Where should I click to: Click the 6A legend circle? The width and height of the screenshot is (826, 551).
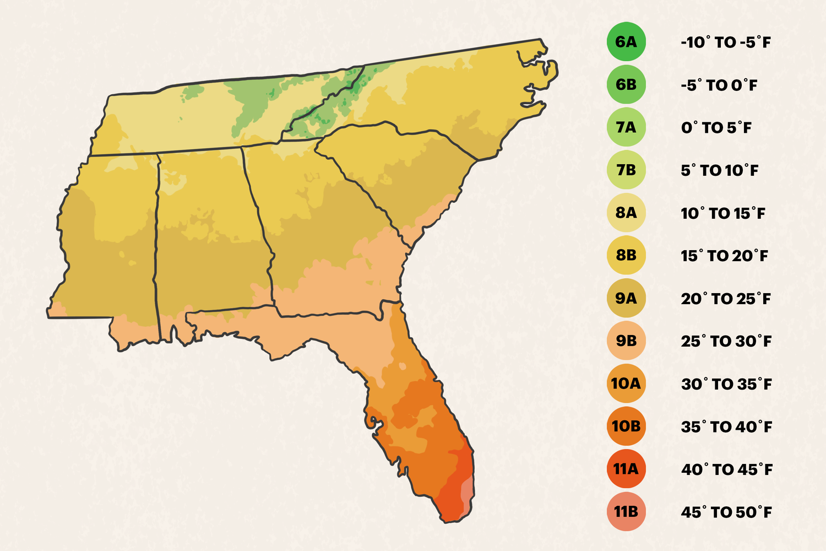pyautogui.click(x=626, y=42)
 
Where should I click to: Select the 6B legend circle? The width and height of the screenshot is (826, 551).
pyautogui.click(x=626, y=85)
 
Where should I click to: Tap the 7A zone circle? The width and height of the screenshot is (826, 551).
pyautogui.click(x=626, y=127)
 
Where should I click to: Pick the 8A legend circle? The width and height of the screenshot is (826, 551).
pyautogui.click(x=626, y=213)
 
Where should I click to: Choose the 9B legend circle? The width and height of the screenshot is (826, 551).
pyautogui.click(x=626, y=341)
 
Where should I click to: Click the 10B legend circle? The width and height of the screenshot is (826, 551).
pyautogui.click(x=626, y=426)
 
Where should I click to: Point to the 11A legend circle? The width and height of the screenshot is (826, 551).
pyautogui.click(x=626, y=469)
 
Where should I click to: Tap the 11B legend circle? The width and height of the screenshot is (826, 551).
pyautogui.click(x=626, y=512)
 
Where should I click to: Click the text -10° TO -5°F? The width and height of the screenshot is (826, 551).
pyautogui.click(x=725, y=42)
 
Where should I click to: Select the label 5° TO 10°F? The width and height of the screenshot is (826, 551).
pyautogui.click(x=719, y=170)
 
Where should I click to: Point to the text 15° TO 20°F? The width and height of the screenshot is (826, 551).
pyautogui.click(x=724, y=256)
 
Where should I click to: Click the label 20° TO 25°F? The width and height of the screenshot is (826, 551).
pyautogui.click(x=726, y=299)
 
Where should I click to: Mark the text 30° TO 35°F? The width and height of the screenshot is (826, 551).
pyautogui.click(x=726, y=384)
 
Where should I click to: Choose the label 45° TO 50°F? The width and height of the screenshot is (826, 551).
pyautogui.click(x=726, y=512)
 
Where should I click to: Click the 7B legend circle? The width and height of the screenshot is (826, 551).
pyautogui.click(x=626, y=170)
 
